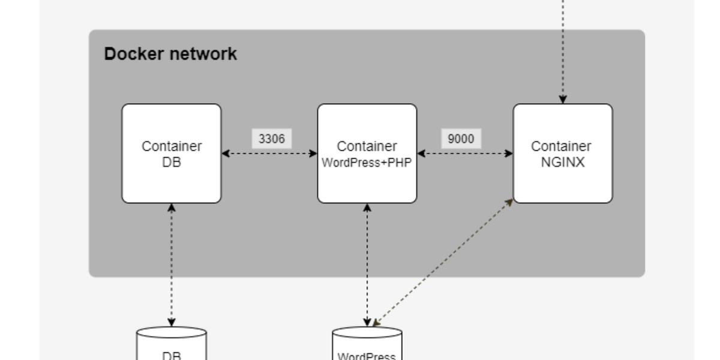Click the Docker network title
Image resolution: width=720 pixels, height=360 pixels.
pos(170,54)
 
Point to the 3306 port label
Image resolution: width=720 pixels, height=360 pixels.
pos(271,139)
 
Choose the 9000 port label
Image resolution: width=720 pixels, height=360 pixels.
pos(461,139)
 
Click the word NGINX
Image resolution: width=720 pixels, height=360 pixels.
pos(562,162)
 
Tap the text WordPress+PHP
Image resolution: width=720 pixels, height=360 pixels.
pos(367,162)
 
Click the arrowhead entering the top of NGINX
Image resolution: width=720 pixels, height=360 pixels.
pos(563,99)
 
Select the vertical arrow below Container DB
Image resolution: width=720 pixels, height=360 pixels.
pos(172,264)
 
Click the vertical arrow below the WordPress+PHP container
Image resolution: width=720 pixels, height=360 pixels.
pos(367,264)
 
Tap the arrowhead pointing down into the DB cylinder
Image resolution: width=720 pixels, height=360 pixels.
pos(172,322)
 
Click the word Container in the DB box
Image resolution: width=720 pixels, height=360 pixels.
pos(172,146)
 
